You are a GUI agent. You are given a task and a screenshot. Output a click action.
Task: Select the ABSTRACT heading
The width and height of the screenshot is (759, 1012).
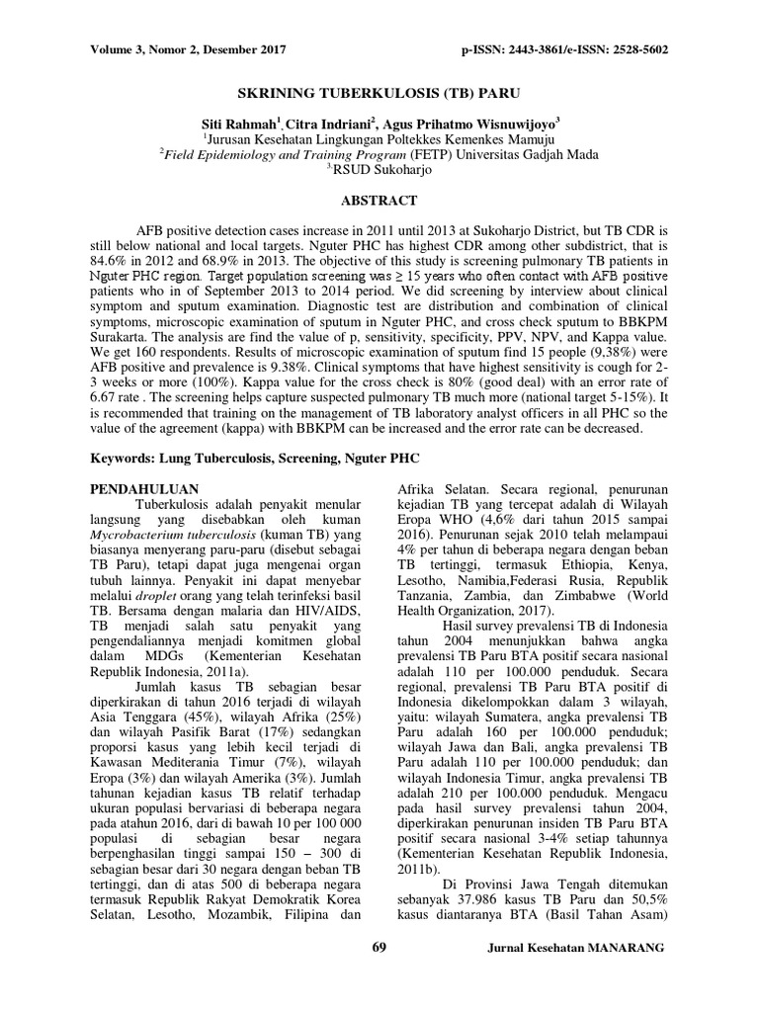coord(379,201)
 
